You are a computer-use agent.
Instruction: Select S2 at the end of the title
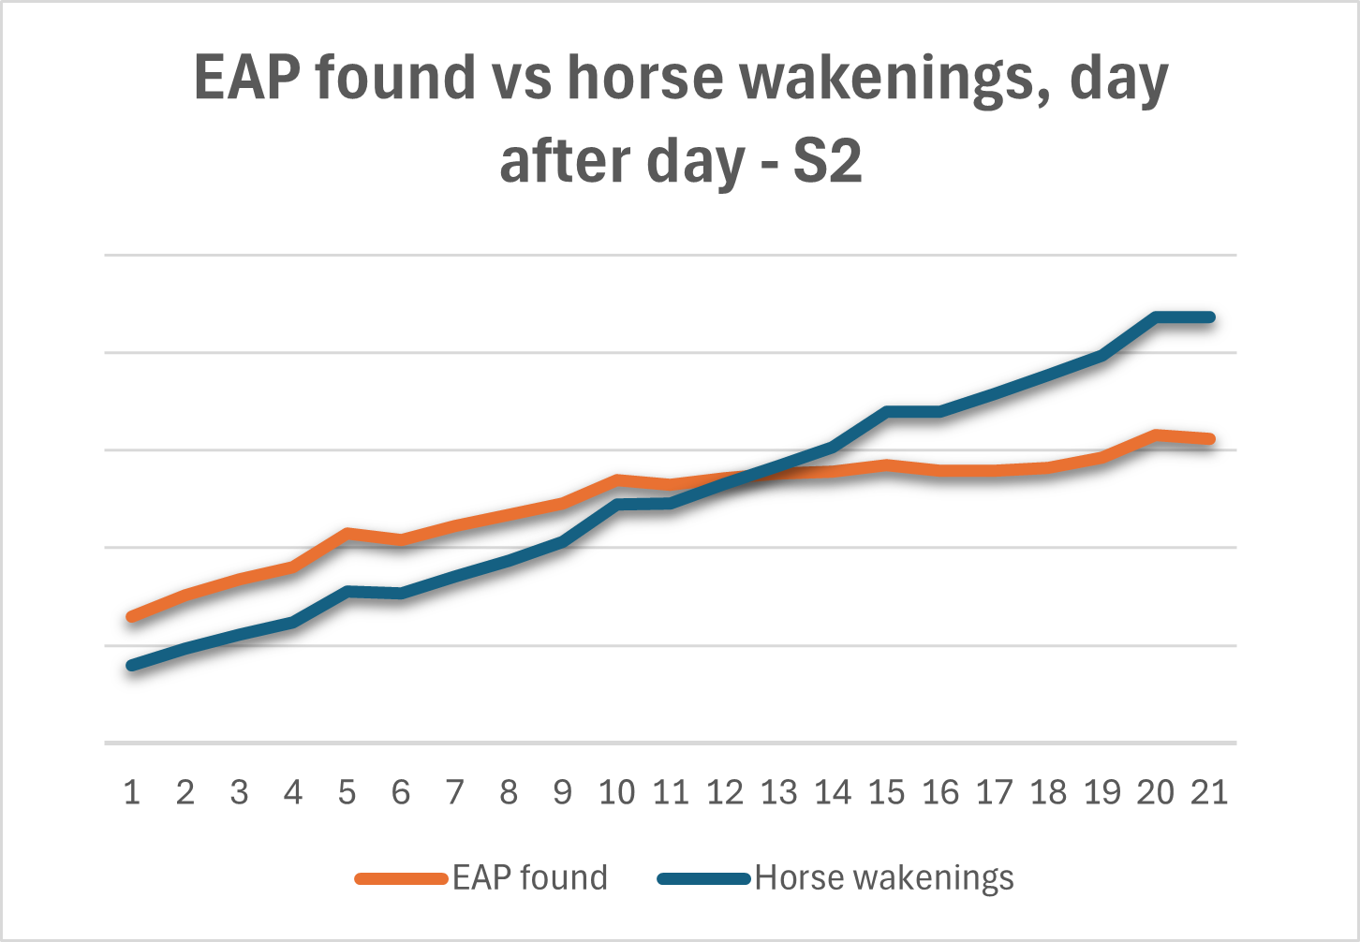click(827, 161)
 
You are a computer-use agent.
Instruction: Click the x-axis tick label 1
click(132, 792)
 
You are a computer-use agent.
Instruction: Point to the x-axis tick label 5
click(347, 792)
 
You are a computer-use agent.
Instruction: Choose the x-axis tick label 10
click(616, 792)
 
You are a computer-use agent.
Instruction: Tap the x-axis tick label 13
click(778, 792)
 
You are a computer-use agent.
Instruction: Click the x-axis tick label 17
click(994, 792)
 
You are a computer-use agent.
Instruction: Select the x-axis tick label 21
click(1208, 792)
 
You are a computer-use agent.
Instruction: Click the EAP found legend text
click(530, 878)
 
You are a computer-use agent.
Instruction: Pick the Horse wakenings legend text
click(884, 878)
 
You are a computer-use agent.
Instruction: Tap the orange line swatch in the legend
click(401, 878)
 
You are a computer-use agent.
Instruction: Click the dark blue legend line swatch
click(704, 878)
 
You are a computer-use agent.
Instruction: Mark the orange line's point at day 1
click(132, 616)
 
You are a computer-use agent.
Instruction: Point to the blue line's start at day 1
click(132, 666)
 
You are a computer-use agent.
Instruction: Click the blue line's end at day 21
click(1210, 317)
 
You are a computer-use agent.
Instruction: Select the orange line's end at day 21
click(1210, 438)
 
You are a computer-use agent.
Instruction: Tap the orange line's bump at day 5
click(347, 533)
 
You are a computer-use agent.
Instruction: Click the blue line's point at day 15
click(886, 411)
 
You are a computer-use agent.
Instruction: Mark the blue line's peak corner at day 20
click(1157, 317)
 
